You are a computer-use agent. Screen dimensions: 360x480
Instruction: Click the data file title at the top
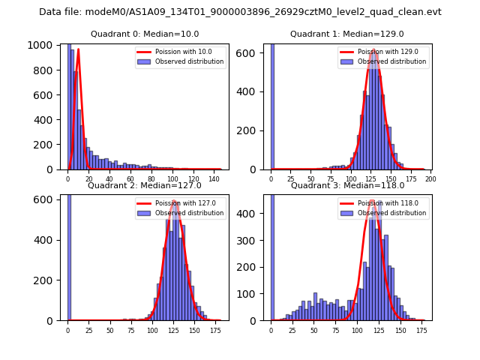tap(240, 12)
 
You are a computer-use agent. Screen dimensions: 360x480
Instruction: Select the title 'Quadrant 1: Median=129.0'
tap(346, 34)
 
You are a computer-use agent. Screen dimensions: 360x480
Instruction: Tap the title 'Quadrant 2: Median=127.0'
tap(144, 185)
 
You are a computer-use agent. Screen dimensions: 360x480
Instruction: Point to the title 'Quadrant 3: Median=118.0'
tap(347, 185)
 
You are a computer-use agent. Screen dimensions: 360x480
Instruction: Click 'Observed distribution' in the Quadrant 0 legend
tap(189, 61)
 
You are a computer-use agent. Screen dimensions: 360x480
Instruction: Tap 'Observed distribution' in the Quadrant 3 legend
tap(393, 213)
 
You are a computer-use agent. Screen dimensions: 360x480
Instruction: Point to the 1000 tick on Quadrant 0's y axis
tap(41, 45)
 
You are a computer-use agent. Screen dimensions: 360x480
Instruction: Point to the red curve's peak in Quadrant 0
tap(78, 49)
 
